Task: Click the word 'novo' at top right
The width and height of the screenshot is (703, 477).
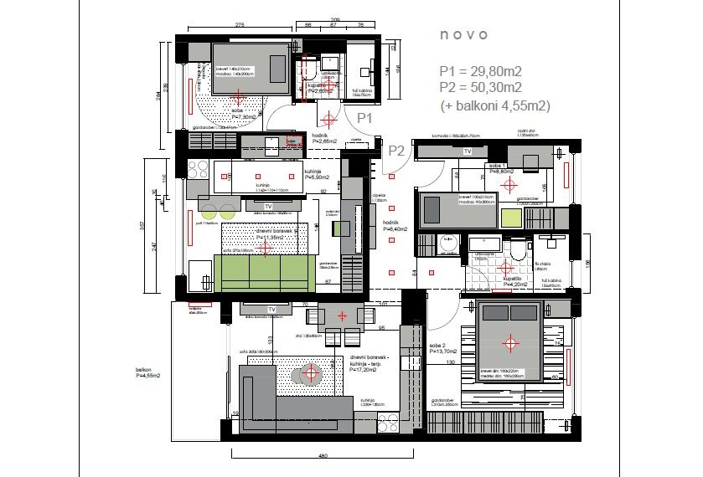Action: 463,35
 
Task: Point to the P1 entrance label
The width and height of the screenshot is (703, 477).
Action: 364,118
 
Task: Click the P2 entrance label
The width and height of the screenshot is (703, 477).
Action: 396,151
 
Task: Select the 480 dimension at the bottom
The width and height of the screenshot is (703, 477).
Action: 322,456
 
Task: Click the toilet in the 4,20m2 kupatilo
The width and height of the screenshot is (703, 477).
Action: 518,250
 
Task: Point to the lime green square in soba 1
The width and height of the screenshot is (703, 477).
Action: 511,219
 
